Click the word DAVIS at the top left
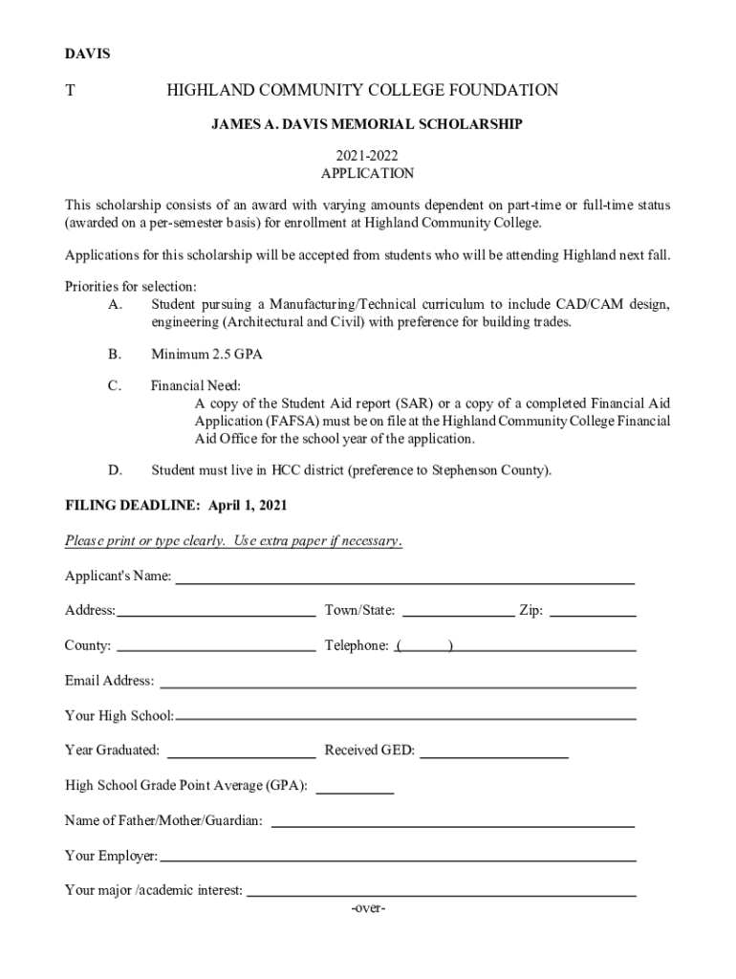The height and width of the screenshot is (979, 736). [87, 54]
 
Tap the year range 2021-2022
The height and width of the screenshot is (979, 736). [368, 155]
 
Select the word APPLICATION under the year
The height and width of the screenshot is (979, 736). [368, 174]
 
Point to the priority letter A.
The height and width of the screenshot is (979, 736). [116, 305]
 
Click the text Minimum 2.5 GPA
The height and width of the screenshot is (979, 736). [206, 355]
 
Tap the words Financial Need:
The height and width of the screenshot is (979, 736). [188, 387]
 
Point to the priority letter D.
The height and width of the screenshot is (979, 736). [116, 470]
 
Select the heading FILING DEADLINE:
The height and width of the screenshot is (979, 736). [132, 505]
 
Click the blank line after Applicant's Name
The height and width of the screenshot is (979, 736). [405, 578]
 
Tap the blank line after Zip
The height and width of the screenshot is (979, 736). [594, 613]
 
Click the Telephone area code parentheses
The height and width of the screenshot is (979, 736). [424, 646]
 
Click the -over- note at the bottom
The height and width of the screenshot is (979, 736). [368, 908]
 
